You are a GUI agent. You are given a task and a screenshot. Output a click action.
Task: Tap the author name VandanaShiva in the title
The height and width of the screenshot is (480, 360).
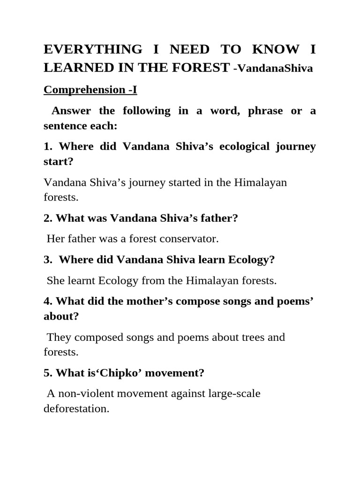tap(276, 68)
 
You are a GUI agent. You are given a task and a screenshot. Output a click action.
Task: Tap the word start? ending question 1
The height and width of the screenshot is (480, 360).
tap(59, 162)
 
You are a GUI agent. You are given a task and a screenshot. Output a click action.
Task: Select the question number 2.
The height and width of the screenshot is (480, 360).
tap(48, 218)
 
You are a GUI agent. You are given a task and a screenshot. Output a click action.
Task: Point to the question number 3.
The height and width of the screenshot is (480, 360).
tap(48, 260)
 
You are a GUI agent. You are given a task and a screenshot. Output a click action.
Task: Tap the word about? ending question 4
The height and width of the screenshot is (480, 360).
tap(61, 316)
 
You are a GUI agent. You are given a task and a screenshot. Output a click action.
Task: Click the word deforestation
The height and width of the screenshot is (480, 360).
tap(76, 408)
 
